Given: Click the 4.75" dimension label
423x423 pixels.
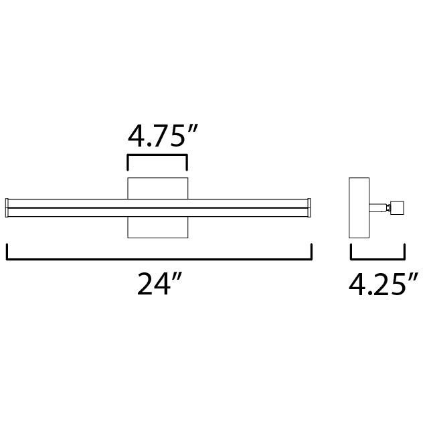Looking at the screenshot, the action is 163,136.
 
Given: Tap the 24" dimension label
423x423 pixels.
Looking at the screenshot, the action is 160,284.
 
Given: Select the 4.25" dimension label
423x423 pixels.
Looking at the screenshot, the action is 384,284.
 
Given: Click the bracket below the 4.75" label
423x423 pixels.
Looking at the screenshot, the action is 157,155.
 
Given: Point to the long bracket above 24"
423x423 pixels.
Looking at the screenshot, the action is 159,259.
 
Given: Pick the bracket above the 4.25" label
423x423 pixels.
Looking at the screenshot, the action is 377,259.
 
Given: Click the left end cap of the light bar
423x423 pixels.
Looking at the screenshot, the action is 7,207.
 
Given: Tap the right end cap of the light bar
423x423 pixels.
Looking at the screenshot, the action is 309,207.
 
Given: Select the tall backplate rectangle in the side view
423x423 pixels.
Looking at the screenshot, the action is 359,207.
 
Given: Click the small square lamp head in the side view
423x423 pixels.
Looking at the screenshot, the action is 397,207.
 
